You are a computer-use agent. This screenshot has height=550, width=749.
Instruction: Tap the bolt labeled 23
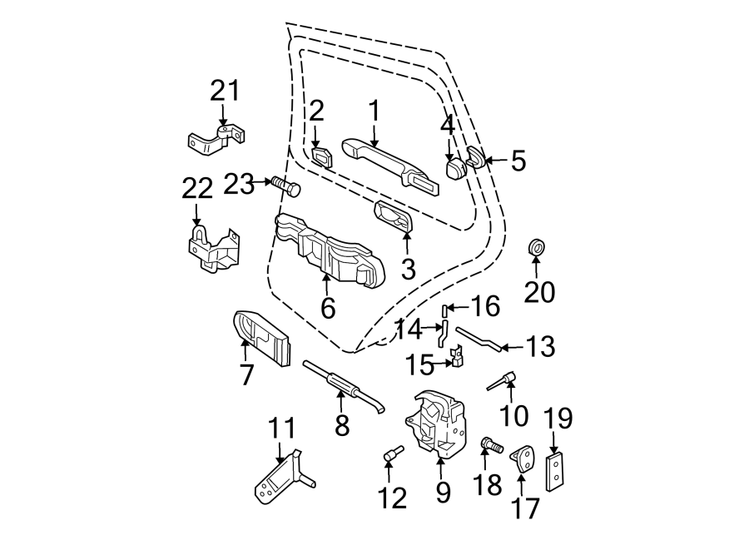(x=285, y=186)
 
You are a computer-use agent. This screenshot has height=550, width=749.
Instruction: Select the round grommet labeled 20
(x=537, y=248)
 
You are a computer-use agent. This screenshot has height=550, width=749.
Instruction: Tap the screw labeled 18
(x=492, y=447)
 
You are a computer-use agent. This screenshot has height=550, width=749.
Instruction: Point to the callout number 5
(x=518, y=161)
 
